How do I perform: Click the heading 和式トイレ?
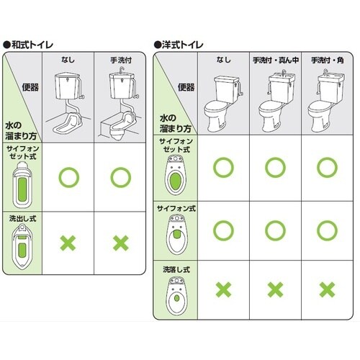[32, 44]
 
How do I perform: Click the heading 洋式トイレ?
[184, 44]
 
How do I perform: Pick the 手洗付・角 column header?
[326, 58]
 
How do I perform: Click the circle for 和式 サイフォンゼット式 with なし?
[69, 176]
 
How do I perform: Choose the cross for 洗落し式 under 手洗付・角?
[326, 289]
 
